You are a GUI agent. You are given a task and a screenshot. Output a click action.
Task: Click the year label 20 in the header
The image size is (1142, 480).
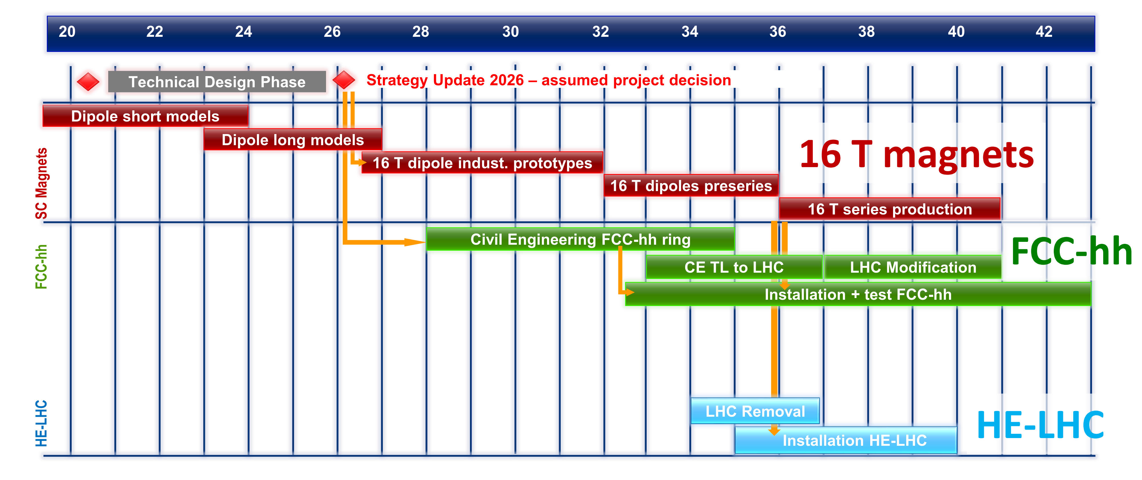pyautogui.click(x=67, y=31)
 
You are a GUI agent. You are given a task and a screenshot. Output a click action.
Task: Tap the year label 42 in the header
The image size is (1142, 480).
pyautogui.click(x=1044, y=31)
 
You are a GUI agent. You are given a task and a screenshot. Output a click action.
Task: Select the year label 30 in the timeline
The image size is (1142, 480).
pyautogui.click(x=510, y=31)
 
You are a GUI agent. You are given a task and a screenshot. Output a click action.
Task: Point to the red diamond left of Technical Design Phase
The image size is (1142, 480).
pyautogui.click(x=88, y=82)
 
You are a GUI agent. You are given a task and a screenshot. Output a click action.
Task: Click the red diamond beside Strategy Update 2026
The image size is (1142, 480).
pyautogui.click(x=343, y=80)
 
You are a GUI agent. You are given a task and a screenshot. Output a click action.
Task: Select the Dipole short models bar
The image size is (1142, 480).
pyautogui.click(x=145, y=116)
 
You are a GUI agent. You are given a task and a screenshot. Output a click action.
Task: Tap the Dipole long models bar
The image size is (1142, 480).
pyautogui.click(x=293, y=139)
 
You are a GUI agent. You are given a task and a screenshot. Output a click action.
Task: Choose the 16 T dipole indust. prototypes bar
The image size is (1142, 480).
pyautogui.click(x=482, y=163)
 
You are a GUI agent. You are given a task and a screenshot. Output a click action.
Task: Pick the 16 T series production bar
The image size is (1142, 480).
pyautogui.click(x=890, y=208)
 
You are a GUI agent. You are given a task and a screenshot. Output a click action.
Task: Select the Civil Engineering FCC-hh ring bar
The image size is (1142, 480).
pyautogui.click(x=580, y=239)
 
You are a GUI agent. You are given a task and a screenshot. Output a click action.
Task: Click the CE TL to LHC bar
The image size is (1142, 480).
pyautogui.click(x=734, y=267)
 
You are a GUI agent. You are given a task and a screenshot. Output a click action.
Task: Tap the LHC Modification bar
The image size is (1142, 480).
pyautogui.click(x=913, y=267)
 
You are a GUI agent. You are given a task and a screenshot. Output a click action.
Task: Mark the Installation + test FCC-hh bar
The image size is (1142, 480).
pyautogui.click(x=858, y=294)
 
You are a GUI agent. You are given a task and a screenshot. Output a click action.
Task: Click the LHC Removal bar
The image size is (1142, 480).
pyautogui.click(x=755, y=411)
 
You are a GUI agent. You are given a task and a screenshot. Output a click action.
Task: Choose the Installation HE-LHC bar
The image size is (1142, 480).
pyautogui.click(x=846, y=440)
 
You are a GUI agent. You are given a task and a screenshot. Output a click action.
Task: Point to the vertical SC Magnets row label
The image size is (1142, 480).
pyautogui.click(x=41, y=183)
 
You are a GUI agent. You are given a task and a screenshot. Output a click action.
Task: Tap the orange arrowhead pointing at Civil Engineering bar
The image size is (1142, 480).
pyautogui.click(x=415, y=242)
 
